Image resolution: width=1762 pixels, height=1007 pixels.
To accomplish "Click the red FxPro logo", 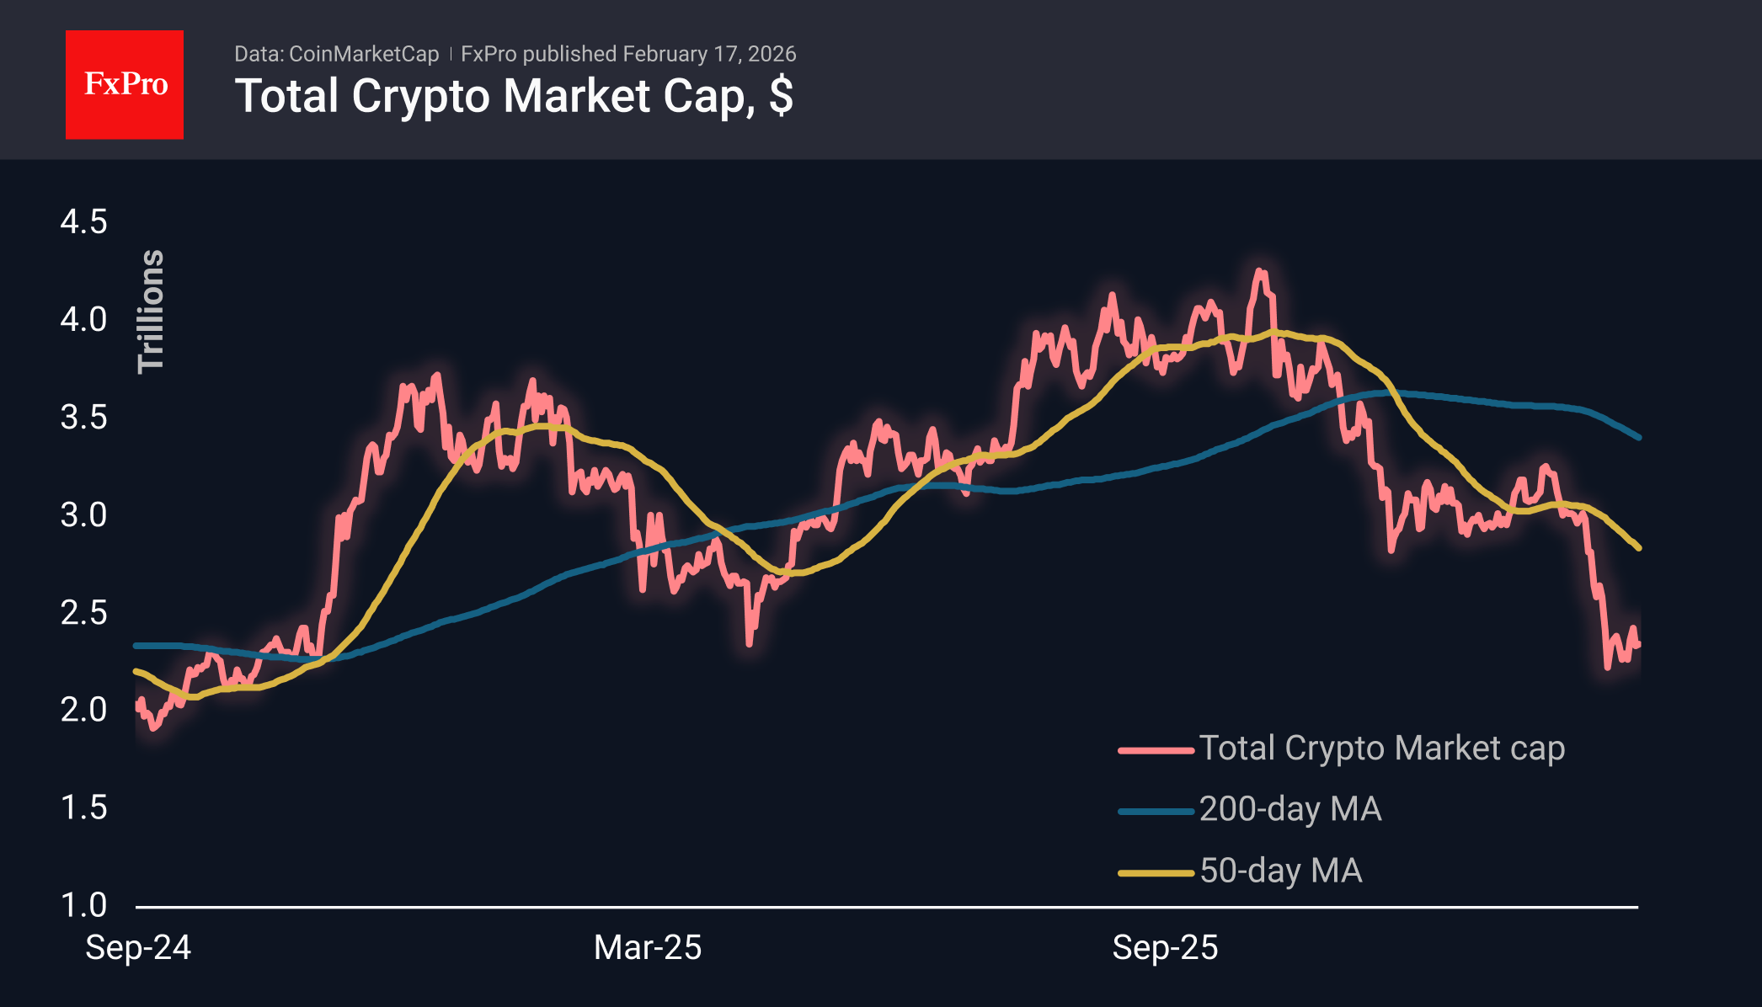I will click(125, 84).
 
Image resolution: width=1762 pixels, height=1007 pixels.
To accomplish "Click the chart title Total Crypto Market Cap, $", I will click(514, 96).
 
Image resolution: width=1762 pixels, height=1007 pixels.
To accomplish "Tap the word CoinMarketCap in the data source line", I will click(364, 54).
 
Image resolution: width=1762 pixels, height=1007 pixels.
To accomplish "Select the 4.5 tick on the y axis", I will click(83, 222).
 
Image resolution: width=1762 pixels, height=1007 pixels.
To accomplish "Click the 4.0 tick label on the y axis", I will click(83, 320).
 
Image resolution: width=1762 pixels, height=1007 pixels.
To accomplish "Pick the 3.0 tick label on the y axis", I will click(83, 514).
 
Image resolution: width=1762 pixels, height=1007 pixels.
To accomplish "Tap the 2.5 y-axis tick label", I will click(83, 612).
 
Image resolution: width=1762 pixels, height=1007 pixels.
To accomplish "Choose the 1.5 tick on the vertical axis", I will click(83, 807).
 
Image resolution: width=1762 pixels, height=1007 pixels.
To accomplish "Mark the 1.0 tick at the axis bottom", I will click(83, 905).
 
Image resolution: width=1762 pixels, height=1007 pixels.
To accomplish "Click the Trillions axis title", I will click(152, 312).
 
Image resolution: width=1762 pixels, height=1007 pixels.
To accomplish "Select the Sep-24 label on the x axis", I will click(138, 948).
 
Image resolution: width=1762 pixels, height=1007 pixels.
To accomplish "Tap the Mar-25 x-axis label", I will click(647, 948).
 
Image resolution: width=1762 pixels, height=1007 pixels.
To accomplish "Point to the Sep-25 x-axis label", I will click(1165, 948).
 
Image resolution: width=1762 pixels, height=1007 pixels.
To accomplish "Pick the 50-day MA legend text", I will click(1280, 871).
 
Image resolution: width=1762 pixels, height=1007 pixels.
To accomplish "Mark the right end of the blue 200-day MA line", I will click(1638, 437).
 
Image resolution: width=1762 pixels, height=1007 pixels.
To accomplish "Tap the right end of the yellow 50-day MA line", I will click(1638, 548).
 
